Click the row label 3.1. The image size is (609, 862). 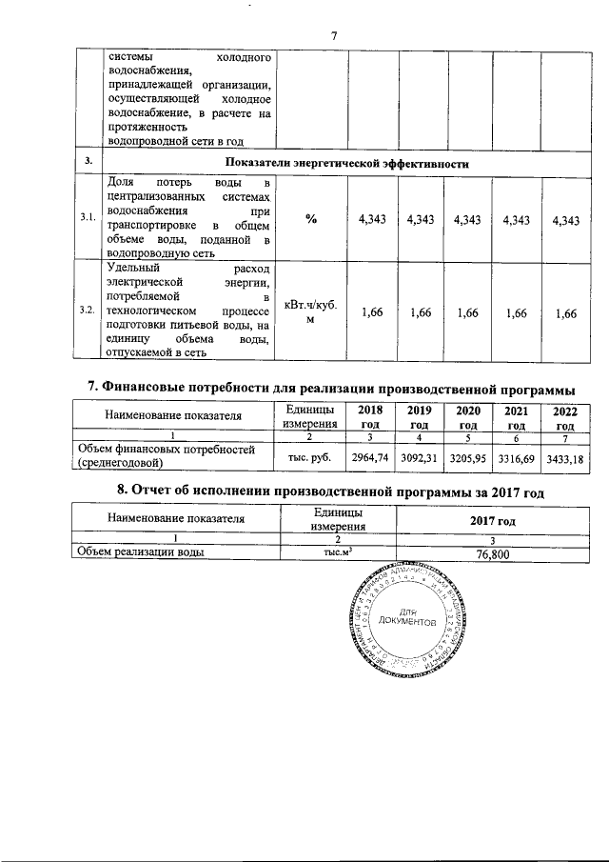pos(88,219)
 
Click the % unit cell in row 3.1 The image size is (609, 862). pos(311,219)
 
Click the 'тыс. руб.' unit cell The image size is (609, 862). pos(309,458)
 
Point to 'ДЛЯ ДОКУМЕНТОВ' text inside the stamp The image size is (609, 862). pos(420,616)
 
